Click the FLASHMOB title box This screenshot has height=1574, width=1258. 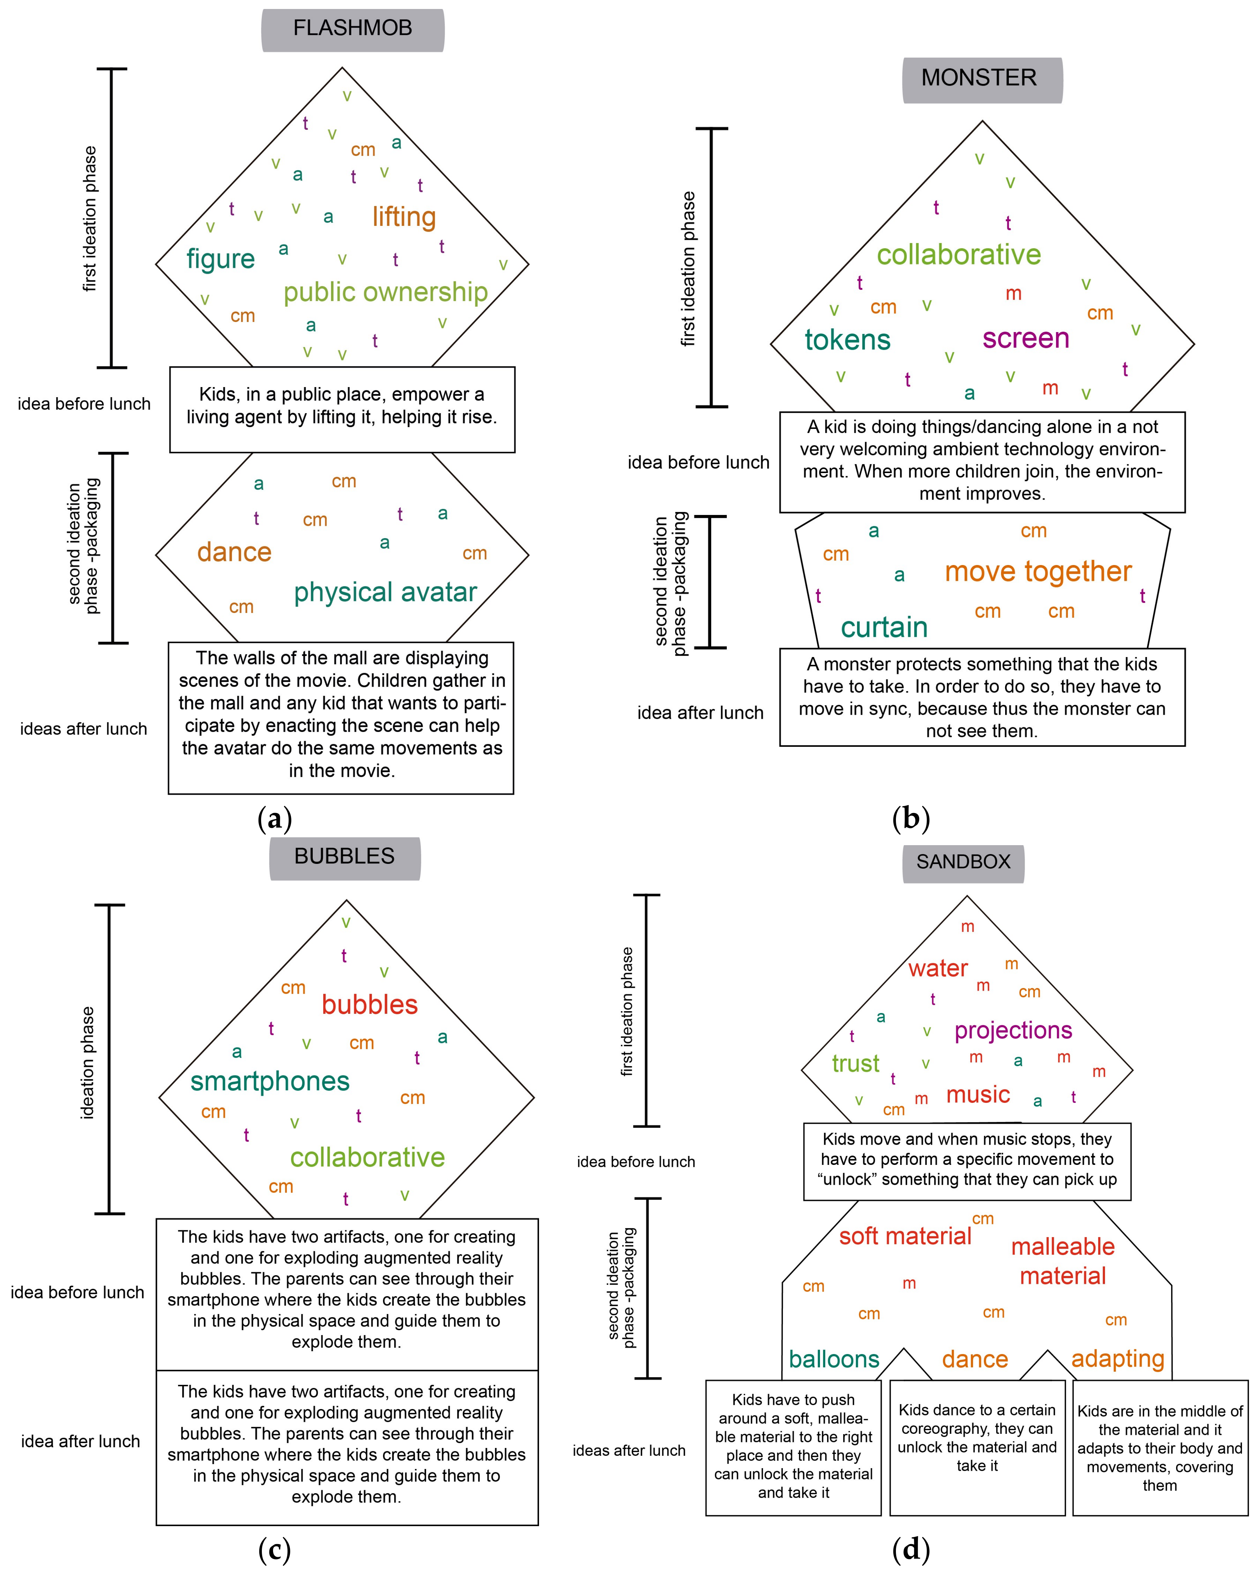click(x=353, y=29)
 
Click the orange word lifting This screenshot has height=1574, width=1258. click(x=404, y=217)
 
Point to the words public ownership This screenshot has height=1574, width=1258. click(x=386, y=292)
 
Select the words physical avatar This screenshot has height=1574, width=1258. click(x=386, y=592)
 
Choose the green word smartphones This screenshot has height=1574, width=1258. click(x=270, y=1081)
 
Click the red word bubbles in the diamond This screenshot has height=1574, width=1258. click(x=370, y=1005)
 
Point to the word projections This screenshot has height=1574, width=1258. click(x=1013, y=1031)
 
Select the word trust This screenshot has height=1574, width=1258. click(x=856, y=1064)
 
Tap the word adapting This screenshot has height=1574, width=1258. click(x=1117, y=1359)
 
